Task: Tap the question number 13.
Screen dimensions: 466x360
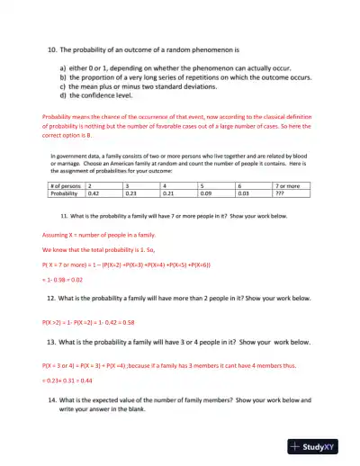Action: click(x=51, y=344)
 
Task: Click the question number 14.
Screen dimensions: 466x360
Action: click(x=52, y=399)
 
